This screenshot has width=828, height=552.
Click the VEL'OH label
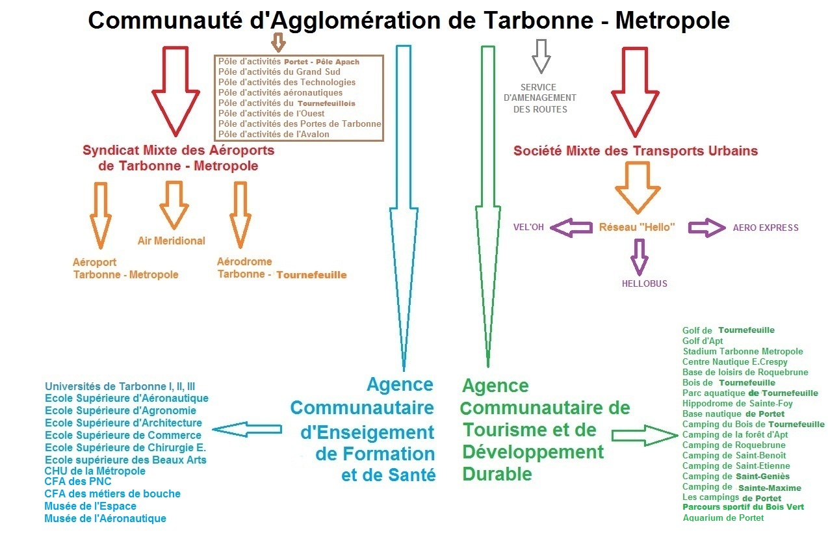click(x=528, y=228)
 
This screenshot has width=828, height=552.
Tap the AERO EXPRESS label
click(x=766, y=228)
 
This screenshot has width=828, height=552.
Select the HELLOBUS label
click(x=644, y=283)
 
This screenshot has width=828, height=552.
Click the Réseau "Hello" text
click(x=637, y=228)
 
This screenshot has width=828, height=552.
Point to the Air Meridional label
click(x=171, y=241)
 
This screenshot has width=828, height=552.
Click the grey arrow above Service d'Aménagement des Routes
click(x=541, y=56)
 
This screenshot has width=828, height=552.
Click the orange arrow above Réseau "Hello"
click(x=637, y=187)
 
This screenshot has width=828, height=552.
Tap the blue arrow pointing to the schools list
click(x=247, y=429)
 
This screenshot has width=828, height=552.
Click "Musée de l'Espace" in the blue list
click(x=90, y=506)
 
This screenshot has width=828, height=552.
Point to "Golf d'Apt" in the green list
click(x=703, y=341)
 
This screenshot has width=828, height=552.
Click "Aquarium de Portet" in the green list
click(x=723, y=518)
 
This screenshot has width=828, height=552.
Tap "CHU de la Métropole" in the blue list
click(x=95, y=471)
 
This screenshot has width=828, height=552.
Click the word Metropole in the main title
click(x=672, y=21)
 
